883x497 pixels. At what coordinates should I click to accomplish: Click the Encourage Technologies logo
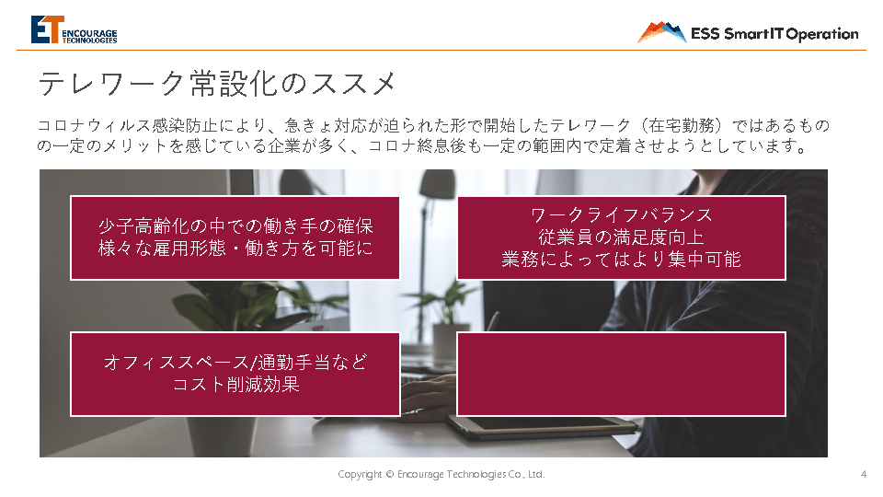[x=74, y=29]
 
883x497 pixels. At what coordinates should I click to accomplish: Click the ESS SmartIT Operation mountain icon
[x=661, y=32]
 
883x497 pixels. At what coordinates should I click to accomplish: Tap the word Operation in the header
[x=822, y=34]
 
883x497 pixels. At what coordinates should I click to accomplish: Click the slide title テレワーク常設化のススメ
[x=217, y=84]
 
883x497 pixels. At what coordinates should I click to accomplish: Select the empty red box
[x=621, y=375]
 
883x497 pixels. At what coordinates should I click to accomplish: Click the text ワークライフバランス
[x=621, y=214]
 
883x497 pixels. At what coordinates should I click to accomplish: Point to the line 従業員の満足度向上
[x=621, y=237]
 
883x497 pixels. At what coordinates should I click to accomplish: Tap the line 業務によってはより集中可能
[x=621, y=260]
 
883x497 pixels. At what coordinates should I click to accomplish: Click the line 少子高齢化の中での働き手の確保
[x=235, y=226]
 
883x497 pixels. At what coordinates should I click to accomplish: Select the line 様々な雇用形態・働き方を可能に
[x=235, y=248]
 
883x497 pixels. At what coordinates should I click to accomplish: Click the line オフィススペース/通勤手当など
[x=235, y=362]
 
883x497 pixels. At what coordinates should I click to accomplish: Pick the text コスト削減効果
[x=235, y=385]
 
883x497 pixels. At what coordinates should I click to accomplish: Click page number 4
[x=864, y=475]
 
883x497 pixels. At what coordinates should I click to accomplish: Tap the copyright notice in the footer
[x=441, y=475]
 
